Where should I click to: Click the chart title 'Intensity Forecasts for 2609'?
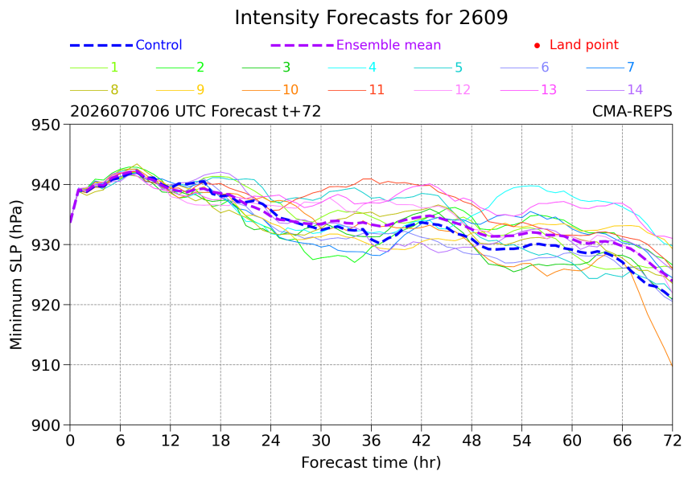click(371, 18)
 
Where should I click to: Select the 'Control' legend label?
click(159, 45)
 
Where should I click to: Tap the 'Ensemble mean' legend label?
click(389, 45)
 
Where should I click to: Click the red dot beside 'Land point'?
click(537, 46)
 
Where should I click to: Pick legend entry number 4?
click(372, 68)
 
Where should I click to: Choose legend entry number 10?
click(290, 90)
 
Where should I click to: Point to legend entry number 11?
click(377, 90)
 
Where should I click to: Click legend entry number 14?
click(635, 90)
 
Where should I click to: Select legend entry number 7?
click(631, 68)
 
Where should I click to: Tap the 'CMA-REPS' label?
click(632, 111)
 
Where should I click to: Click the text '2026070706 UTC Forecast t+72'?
click(196, 111)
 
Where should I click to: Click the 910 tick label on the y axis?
click(45, 365)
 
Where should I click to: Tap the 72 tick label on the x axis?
click(672, 441)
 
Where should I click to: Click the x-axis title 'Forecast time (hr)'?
click(371, 462)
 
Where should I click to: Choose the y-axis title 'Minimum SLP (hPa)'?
click(15, 275)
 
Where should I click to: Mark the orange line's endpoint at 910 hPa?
click(672, 365)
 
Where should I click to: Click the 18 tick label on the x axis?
click(220, 441)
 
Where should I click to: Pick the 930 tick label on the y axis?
click(45, 245)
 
